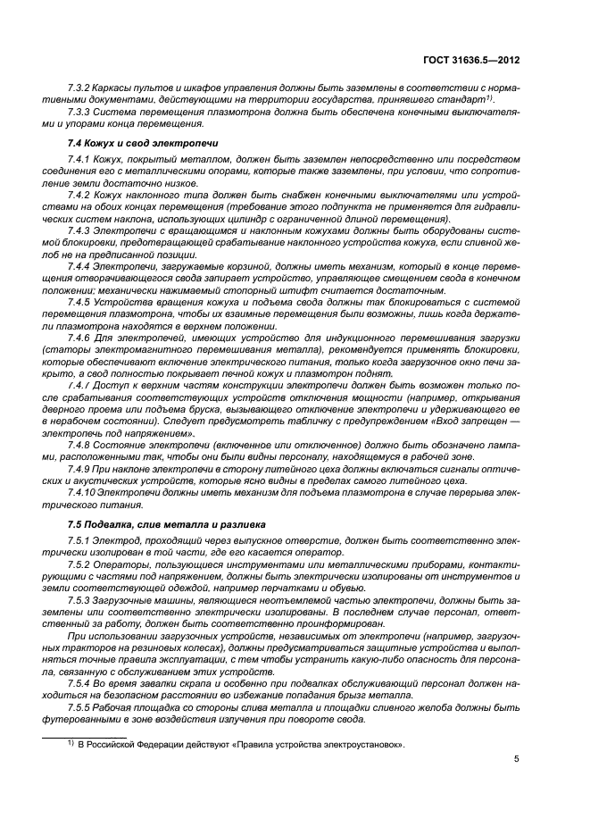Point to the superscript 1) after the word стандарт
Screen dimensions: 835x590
[489, 98]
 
